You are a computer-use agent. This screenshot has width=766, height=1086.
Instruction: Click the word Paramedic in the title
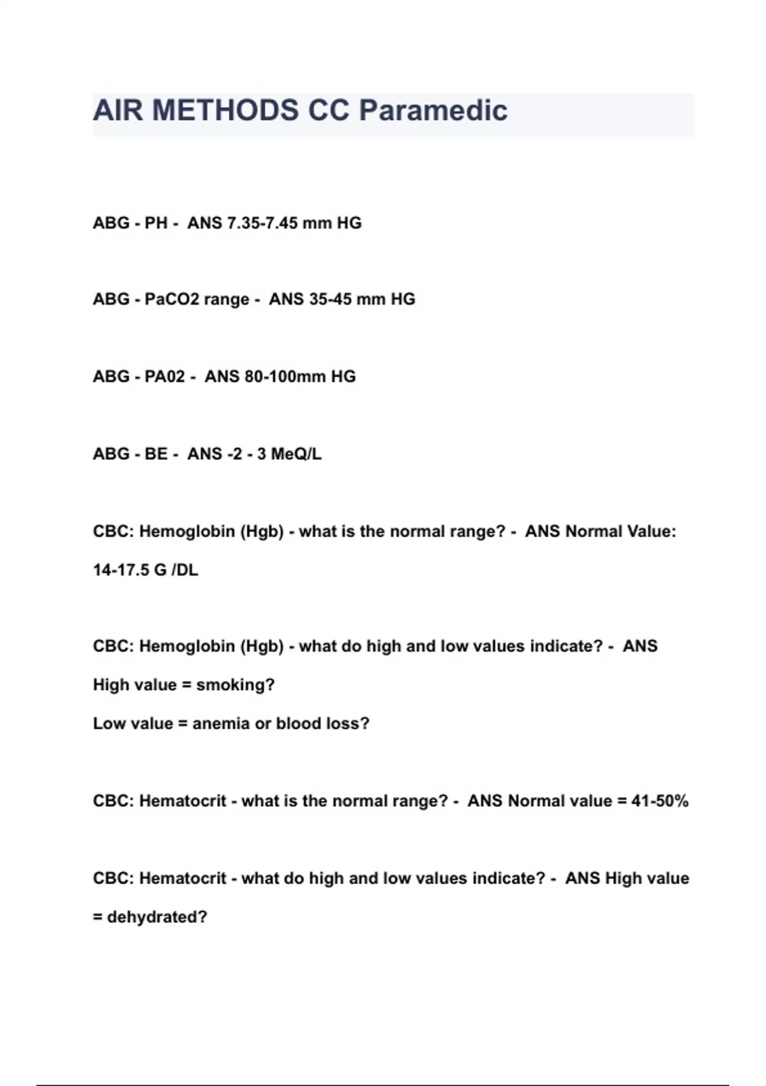(433, 111)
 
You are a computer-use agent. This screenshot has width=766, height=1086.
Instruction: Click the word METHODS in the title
(225, 111)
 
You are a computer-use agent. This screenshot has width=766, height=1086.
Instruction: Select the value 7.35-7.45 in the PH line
(259, 223)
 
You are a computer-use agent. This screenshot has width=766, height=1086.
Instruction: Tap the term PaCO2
(171, 299)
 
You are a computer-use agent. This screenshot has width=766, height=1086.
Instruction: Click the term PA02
(165, 376)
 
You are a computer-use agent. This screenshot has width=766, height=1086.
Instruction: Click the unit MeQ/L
(296, 454)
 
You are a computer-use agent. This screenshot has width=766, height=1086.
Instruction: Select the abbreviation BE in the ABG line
(156, 454)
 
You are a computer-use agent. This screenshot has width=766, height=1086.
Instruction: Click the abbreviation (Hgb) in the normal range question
(262, 532)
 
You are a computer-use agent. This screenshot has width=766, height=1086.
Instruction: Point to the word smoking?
(235, 685)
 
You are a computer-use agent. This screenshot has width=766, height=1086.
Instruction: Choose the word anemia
(221, 724)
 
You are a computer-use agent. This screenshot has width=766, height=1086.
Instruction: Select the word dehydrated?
(157, 917)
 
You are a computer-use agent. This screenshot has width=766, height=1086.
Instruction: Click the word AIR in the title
(119, 111)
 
